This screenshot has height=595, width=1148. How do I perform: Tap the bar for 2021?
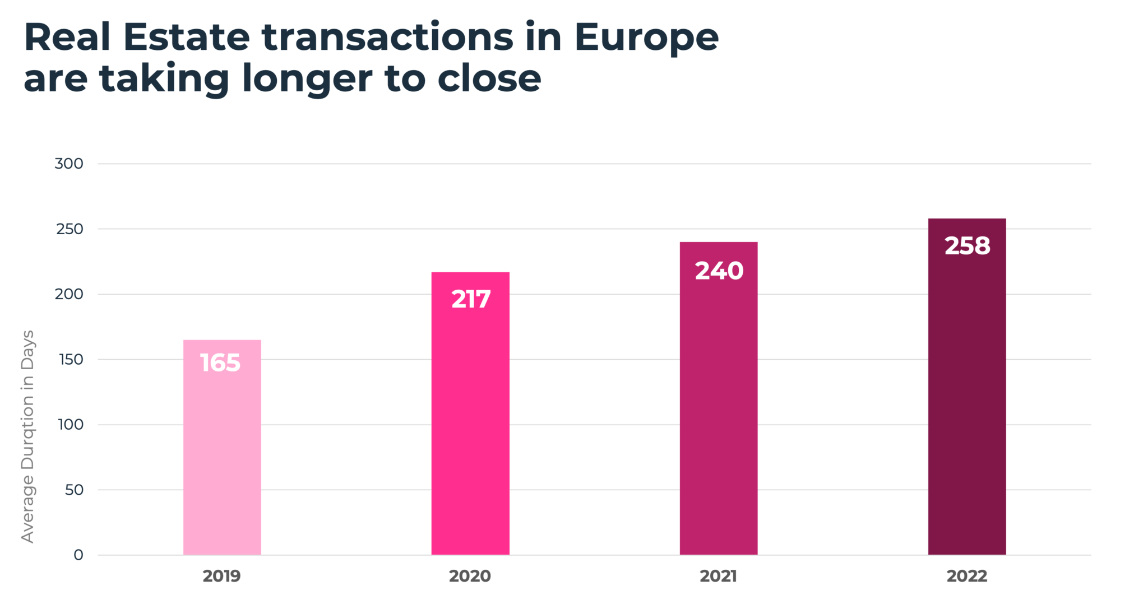pos(719,415)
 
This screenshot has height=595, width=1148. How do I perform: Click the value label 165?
pos(220,363)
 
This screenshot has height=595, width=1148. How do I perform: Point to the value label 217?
pos(471,299)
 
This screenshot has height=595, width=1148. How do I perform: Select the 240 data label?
pos(719,271)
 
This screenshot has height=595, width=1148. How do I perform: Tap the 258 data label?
pos(968,246)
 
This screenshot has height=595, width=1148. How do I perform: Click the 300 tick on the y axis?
pos(69,164)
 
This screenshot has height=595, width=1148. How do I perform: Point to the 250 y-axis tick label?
pos(70,229)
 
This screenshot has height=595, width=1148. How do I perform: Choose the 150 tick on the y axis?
pos(71,360)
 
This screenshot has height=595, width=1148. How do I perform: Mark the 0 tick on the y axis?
pos(78,555)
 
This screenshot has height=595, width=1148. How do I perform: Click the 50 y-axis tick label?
pos(74,490)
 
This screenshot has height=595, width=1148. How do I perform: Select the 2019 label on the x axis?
pos(221,576)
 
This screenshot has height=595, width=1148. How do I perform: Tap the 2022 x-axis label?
pos(967,576)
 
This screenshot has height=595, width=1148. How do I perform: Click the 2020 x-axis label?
pos(470,576)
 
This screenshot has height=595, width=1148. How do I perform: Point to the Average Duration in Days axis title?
pos(27,437)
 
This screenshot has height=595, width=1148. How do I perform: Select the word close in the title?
pos(489,78)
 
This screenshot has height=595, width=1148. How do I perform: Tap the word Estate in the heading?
pos(186,38)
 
